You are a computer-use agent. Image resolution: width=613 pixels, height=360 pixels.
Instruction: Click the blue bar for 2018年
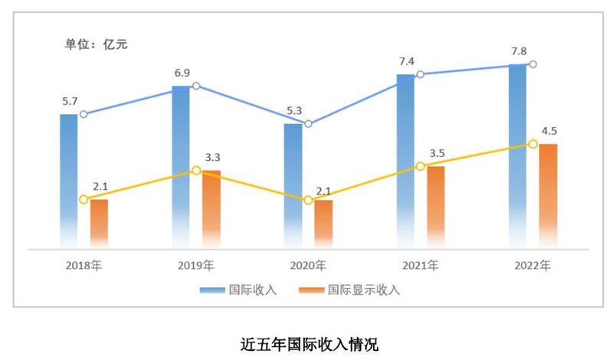click(69, 180)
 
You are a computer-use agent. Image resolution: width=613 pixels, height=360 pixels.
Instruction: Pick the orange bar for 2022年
click(548, 195)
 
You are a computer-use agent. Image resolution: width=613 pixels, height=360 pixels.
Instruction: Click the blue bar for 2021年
click(405, 161)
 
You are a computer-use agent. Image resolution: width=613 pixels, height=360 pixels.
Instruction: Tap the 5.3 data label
click(293, 109)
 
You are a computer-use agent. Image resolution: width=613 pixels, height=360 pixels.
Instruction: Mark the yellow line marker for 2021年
click(420, 166)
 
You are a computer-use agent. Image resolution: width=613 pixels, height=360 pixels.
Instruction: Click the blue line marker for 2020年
click(308, 123)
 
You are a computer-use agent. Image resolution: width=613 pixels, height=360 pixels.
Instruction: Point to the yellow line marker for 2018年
click(84, 199)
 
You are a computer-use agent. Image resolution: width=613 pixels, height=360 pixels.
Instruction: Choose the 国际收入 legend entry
click(238, 290)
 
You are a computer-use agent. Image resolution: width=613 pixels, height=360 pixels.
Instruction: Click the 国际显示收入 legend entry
click(349, 290)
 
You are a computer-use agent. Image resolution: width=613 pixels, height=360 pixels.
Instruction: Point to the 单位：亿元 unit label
click(96, 44)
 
